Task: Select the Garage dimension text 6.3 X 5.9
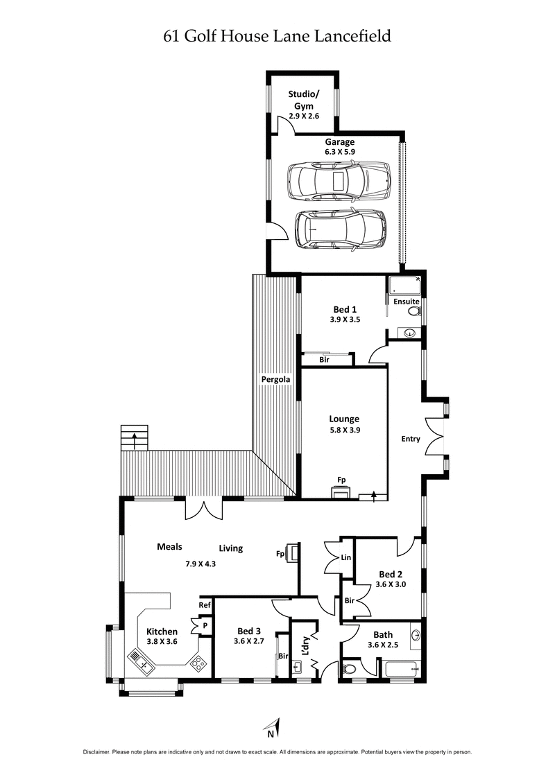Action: pos(335,153)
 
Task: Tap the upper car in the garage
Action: pos(338,182)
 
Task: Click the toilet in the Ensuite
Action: pos(413,313)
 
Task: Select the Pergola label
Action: pos(275,379)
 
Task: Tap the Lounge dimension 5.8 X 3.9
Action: pos(344,429)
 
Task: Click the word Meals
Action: pos(169,547)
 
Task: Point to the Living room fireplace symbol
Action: pos(293,554)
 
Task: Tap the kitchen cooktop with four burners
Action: pos(198,663)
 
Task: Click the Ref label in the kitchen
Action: pos(205,605)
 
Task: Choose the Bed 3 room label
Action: pos(248,631)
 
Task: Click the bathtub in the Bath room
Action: pos(401,669)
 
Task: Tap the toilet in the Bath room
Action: pos(349,670)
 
